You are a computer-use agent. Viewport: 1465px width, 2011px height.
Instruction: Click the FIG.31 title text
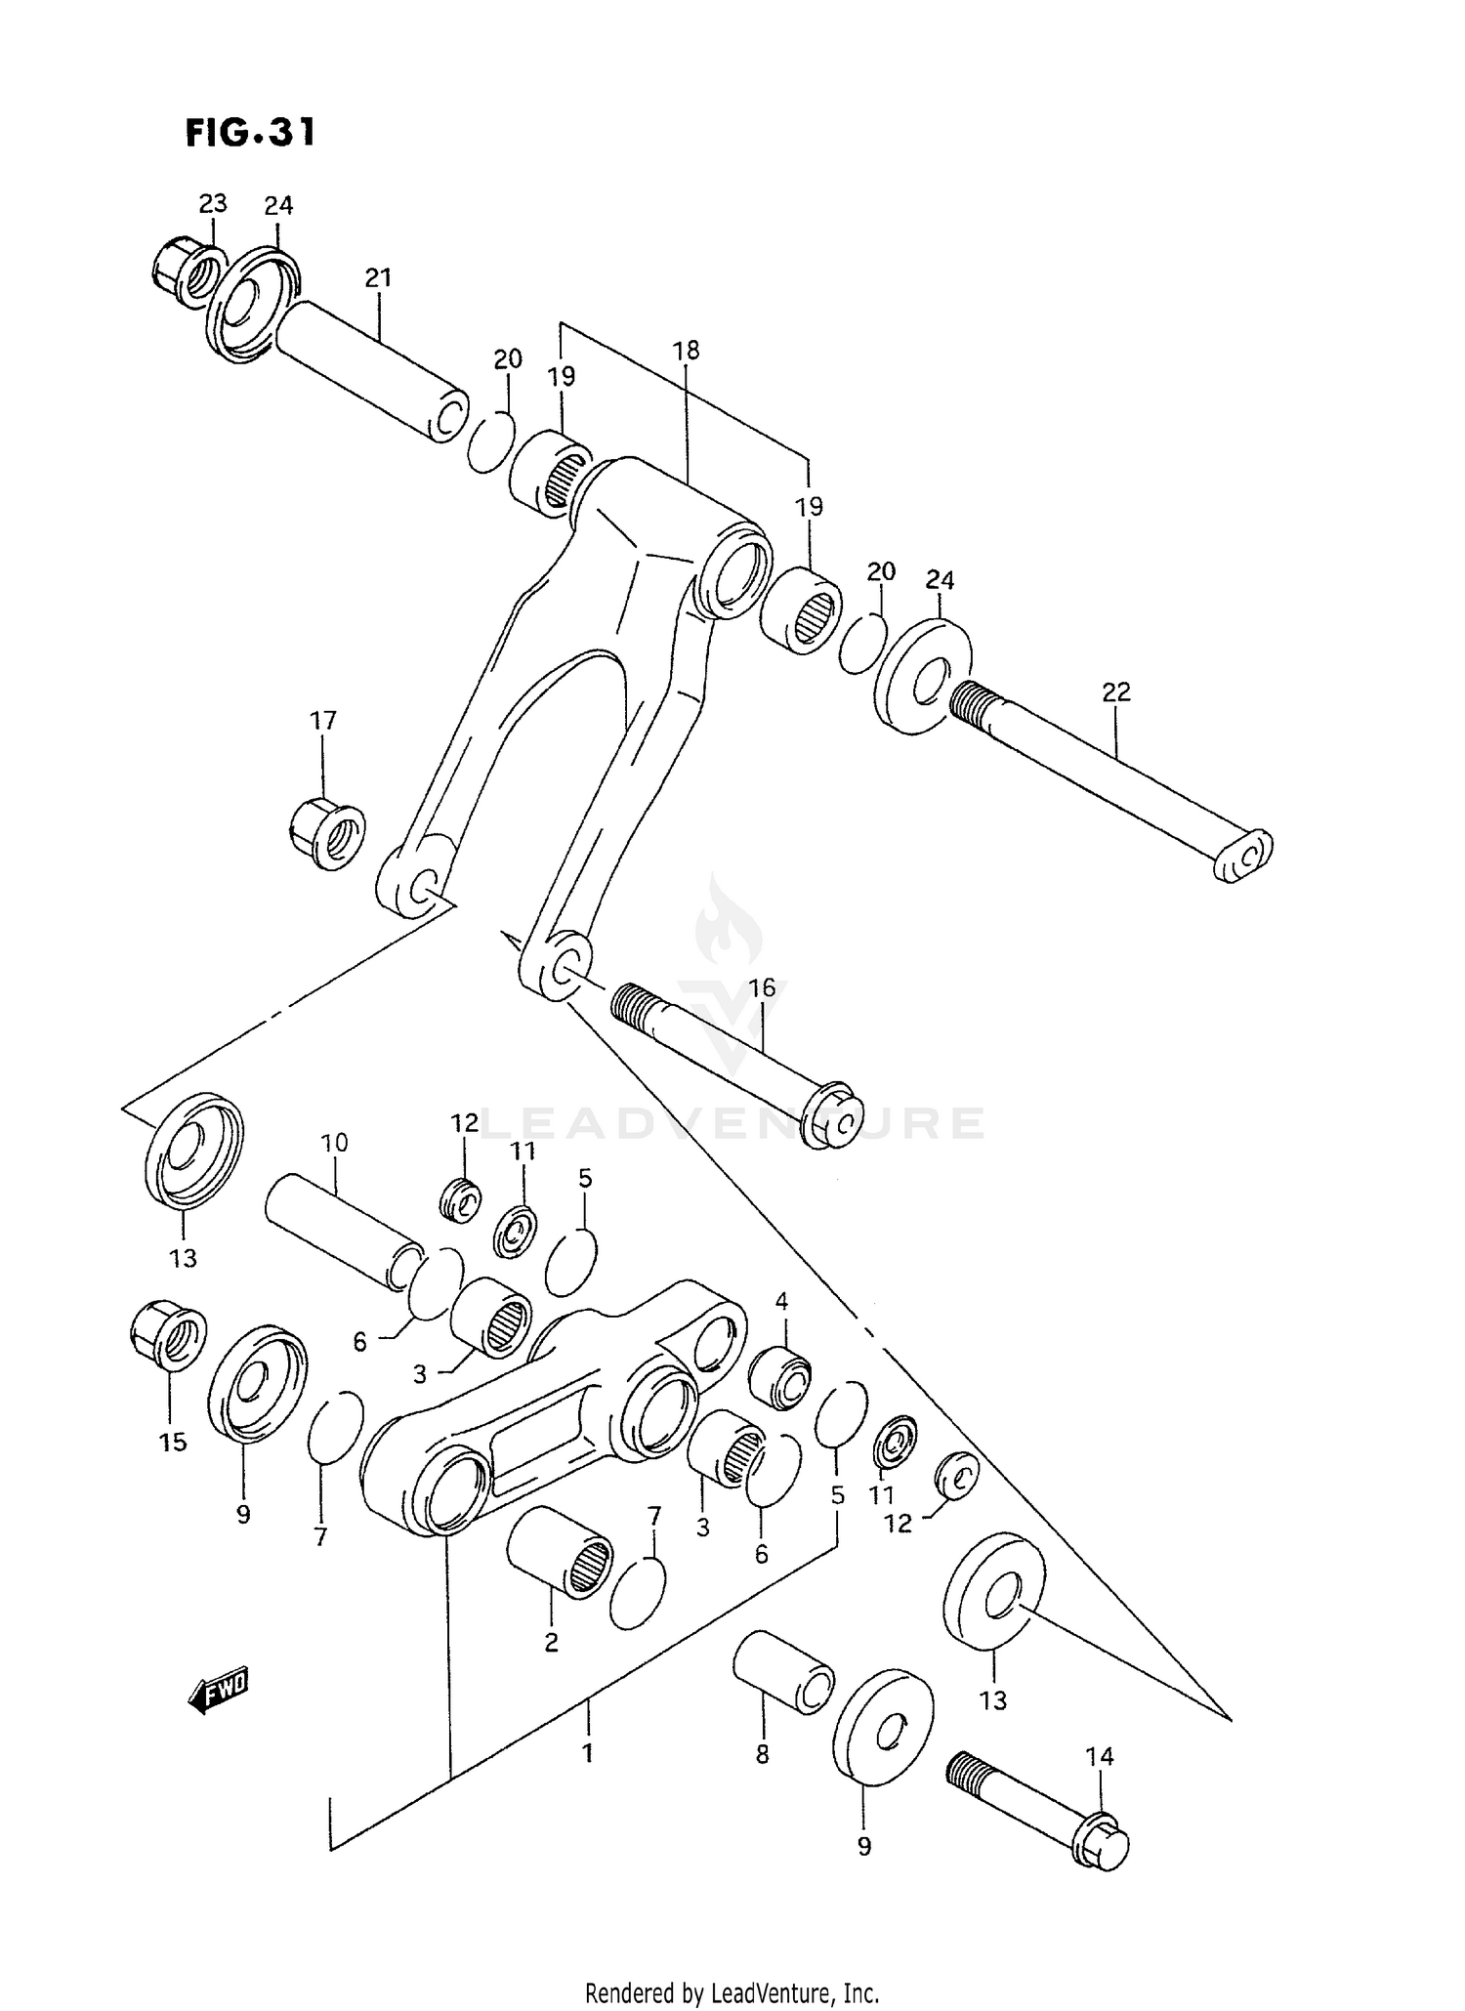pos(250,132)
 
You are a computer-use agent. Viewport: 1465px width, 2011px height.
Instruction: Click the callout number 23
pos(213,203)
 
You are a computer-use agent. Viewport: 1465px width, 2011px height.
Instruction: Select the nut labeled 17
pos(328,833)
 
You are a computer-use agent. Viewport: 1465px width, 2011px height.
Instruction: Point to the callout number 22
pos(1115,691)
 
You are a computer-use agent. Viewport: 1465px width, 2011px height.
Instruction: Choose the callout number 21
pos(378,278)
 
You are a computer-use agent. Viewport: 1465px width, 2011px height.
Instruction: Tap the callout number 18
pos(687,350)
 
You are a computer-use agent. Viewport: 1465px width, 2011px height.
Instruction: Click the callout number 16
pos(762,987)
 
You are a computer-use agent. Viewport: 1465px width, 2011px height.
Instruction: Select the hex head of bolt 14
pos(1103,1841)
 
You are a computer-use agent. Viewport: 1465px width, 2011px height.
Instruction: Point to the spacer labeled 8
pos(784,1670)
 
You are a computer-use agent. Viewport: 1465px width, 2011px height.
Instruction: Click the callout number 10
pos(334,1142)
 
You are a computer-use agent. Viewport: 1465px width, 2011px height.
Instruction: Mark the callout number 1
pos(587,1753)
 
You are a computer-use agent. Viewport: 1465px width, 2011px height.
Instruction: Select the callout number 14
pos(1099,1756)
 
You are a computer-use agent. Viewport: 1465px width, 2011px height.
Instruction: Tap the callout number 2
pos(551,1642)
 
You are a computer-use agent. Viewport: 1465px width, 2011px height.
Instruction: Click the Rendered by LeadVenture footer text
pos(732,1991)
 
